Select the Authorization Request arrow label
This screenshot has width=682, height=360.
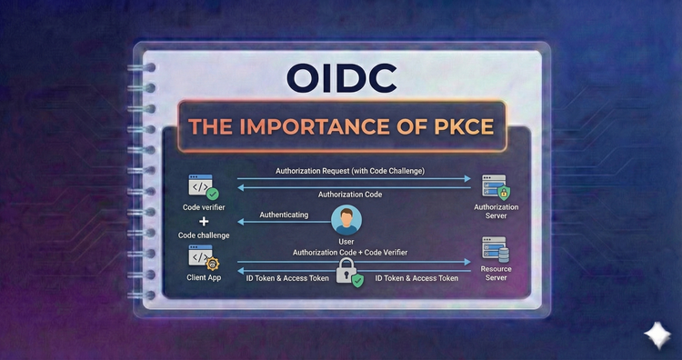click(x=351, y=171)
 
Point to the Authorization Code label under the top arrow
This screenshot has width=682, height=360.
click(x=351, y=195)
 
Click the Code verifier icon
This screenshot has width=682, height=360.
click(x=202, y=187)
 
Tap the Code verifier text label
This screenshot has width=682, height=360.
click(x=204, y=207)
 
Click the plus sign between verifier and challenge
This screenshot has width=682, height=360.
click(x=204, y=221)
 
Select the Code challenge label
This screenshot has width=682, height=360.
click(x=204, y=235)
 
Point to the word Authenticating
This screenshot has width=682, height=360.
click(x=284, y=215)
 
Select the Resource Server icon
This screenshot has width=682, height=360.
click(x=496, y=250)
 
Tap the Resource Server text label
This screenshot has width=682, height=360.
click(x=496, y=275)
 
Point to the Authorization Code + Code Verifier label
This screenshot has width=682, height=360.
click(x=350, y=252)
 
